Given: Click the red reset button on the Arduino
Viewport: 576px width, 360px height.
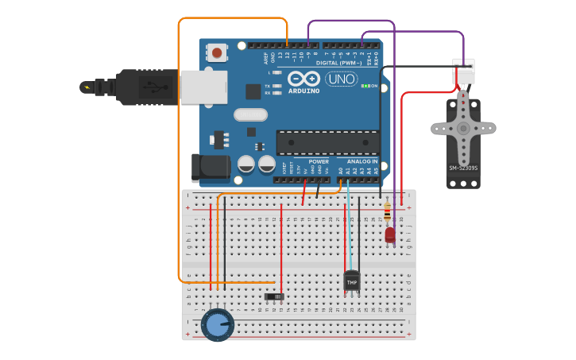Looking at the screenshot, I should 216,53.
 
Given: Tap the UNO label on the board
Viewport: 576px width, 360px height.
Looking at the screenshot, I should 341,79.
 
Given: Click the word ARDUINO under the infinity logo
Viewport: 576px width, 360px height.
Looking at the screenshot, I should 304,91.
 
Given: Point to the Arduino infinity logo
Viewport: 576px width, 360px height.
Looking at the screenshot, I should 303,79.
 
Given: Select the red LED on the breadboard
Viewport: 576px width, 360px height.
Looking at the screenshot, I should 390,234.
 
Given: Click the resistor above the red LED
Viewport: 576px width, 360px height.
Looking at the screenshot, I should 387,211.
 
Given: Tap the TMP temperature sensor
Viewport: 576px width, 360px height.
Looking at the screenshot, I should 351,281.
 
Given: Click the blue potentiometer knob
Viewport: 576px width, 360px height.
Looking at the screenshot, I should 217,325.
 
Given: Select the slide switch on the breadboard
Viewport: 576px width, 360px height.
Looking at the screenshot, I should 274,297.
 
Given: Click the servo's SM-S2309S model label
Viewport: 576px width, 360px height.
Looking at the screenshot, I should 463,168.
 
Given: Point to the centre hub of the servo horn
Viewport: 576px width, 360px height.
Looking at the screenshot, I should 463,128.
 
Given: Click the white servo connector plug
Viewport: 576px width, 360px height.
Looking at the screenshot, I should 463,71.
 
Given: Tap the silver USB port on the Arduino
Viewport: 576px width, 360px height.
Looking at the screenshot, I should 203,87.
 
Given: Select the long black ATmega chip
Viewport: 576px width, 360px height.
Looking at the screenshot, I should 327,142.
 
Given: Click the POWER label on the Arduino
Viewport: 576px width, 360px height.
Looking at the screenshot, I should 319,161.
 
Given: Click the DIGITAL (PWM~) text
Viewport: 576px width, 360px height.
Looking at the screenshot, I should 339,62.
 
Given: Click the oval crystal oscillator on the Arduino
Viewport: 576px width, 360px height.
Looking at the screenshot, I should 250,114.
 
